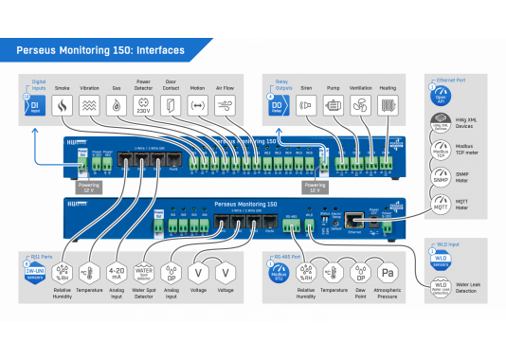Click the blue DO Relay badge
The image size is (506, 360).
click(279, 106)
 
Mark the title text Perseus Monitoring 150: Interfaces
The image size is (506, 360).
click(100, 51)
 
